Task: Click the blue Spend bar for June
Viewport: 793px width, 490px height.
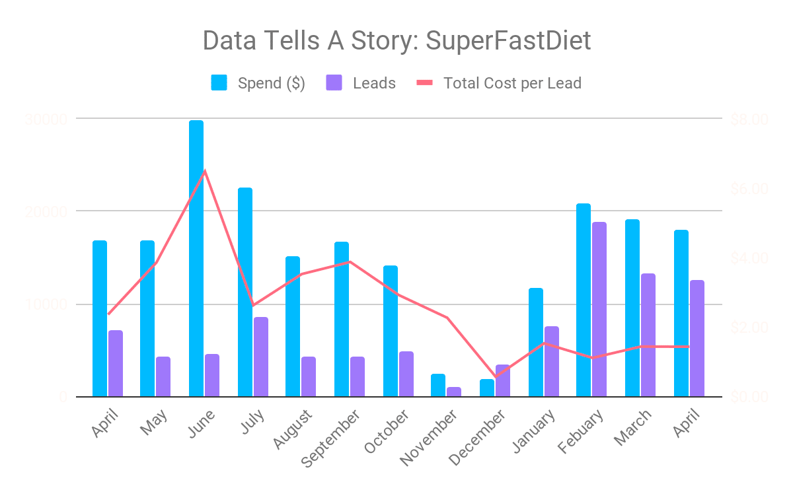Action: pos(196,258)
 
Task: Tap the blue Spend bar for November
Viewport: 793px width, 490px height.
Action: pos(438,385)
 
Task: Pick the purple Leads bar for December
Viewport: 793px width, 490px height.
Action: pos(503,380)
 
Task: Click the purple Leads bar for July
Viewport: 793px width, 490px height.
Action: pos(261,357)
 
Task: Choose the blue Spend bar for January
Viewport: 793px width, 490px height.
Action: pos(536,342)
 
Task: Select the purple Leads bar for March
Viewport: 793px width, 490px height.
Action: pos(648,335)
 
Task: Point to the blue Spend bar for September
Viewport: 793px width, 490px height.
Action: pos(342,319)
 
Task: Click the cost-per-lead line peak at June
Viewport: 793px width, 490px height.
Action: pos(205,170)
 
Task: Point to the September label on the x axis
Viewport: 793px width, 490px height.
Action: pos(330,438)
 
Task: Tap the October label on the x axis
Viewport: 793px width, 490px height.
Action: pos(387,431)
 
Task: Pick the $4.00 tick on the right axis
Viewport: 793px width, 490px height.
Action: pos(749,258)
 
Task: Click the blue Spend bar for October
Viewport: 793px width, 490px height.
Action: pos(391,331)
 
